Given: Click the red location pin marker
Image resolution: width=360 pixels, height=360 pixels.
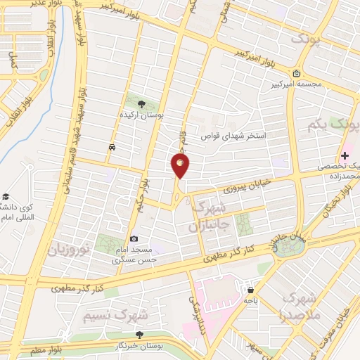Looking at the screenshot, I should (x=180, y=165).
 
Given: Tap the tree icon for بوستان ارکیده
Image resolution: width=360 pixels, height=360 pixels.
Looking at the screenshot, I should (x=142, y=104).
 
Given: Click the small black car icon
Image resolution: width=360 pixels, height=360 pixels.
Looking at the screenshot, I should (x=112, y=147).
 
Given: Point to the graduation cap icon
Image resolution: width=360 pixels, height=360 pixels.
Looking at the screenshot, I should (x=6, y=196).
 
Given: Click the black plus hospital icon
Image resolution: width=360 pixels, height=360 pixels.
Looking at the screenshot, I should (x=345, y=155).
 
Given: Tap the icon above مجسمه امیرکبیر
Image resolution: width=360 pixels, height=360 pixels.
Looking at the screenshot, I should (x=297, y=75).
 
